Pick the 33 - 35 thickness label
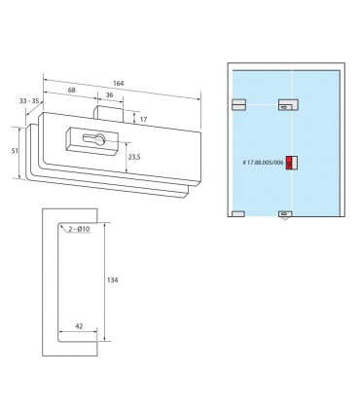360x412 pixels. [28, 99]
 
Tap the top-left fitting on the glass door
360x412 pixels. [238, 102]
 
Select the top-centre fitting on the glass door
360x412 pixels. [286, 102]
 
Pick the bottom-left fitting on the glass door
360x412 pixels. [238, 212]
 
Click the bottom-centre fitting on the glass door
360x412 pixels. [284, 212]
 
